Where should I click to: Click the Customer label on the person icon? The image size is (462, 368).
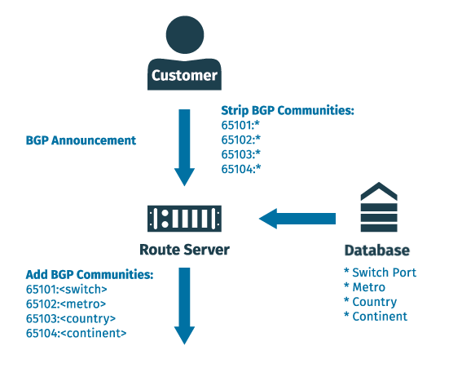(184, 75)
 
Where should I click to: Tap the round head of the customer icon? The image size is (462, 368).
(185, 35)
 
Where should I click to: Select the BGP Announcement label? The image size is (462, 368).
(81, 140)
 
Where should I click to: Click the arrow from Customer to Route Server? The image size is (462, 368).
(184, 148)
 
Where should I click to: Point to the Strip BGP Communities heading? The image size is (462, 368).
(288, 111)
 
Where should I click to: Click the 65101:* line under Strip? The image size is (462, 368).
(240, 125)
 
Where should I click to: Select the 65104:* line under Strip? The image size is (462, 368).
(241, 169)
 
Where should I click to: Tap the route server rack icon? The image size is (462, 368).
(184, 219)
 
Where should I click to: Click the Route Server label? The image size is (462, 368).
(184, 250)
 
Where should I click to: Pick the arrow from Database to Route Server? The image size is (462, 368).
(297, 219)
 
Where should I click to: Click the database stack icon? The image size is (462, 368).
(379, 207)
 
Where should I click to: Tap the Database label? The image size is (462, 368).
(377, 251)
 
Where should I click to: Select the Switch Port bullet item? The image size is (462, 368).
(380, 273)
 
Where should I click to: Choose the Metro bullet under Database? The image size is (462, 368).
(364, 287)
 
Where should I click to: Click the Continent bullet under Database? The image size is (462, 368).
(376, 317)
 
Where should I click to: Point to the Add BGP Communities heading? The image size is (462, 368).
(90, 275)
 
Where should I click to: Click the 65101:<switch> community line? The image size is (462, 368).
(67, 289)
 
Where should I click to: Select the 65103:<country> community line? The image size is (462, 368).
(71, 318)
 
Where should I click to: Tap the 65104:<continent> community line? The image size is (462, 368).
(76, 333)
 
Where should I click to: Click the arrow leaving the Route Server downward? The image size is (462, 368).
(184, 306)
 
